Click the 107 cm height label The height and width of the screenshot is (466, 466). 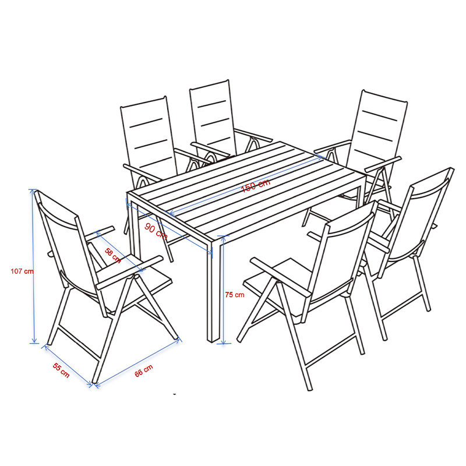click(x=22, y=271)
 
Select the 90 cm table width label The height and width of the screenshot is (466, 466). click(x=156, y=231)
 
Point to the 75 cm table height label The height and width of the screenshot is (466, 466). click(x=235, y=295)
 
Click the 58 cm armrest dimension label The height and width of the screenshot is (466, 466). click(x=113, y=256)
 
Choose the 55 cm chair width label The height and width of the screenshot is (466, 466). click(x=61, y=370)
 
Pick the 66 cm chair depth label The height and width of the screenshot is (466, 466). click(x=144, y=371)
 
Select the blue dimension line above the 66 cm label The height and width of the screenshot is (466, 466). click(x=137, y=362)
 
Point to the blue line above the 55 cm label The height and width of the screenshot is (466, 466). click(x=68, y=365)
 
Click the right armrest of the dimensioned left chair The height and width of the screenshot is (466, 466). click(x=129, y=272)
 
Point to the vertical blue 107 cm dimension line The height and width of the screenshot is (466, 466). click(x=33, y=266)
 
